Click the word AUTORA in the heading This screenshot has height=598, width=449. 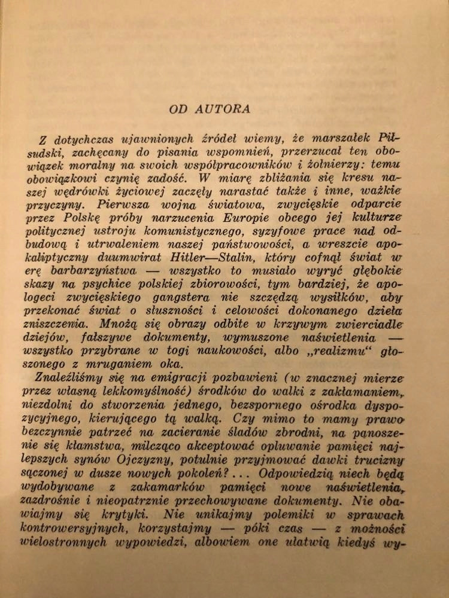point(226,109)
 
